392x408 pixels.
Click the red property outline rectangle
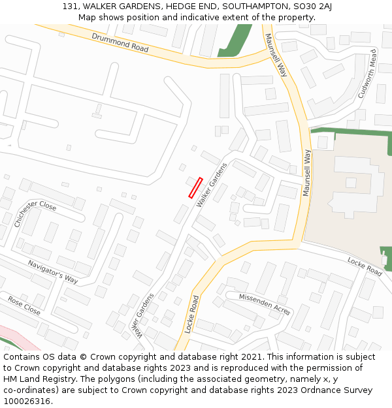pyautogui.click(x=195, y=187)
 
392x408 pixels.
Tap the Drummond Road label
pyautogui.click(x=120, y=43)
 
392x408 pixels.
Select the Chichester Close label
pyautogui.click(x=35, y=213)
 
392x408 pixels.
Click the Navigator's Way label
pyautogui.click(x=53, y=272)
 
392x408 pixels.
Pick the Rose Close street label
pyautogui.click(x=24, y=305)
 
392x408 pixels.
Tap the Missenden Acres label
pyautogui.click(x=265, y=304)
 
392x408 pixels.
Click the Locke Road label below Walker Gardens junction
pyautogui.click(x=192, y=314)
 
